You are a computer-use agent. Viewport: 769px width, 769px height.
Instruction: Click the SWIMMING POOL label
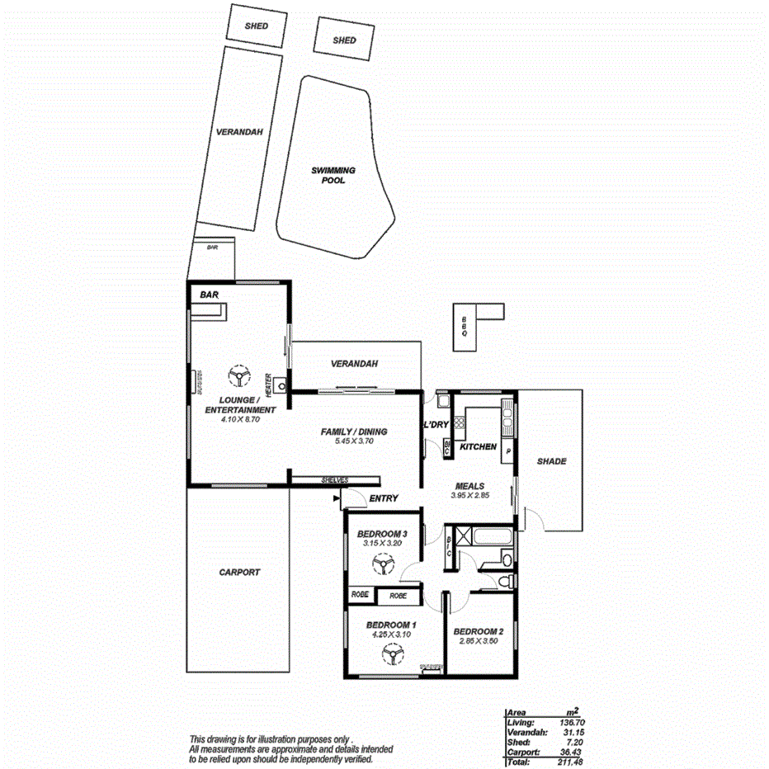point(333,175)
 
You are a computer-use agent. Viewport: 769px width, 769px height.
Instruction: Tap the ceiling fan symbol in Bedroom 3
point(381,564)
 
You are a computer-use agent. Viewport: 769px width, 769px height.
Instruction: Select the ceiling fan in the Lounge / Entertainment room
point(239,377)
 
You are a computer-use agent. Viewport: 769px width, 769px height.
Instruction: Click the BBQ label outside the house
point(465,328)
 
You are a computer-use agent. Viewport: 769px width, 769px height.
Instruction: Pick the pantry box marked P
point(507,452)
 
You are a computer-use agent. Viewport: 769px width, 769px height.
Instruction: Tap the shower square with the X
point(464,537)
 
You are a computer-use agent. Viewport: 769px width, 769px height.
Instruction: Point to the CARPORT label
point(239,572)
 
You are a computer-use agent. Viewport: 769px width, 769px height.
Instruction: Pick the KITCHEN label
point(478,446)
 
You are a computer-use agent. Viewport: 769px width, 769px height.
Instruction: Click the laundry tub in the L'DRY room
point(443,402)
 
